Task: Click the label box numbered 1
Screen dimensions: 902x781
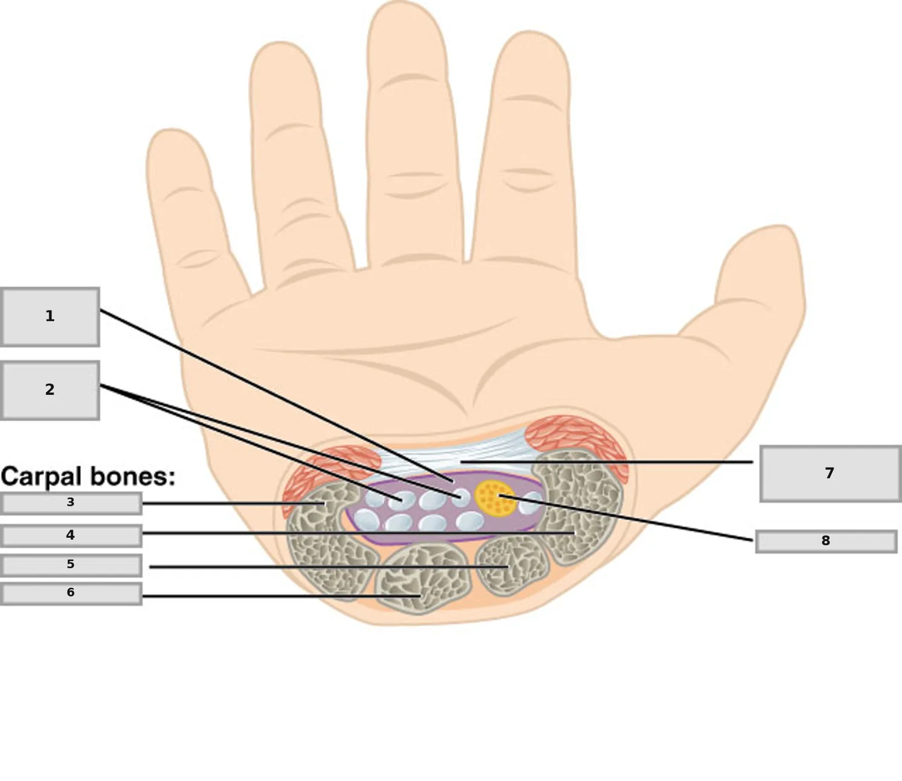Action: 50,316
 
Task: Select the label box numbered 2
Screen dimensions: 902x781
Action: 50,390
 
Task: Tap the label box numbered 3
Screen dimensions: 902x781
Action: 71,504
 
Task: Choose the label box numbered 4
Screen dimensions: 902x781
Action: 71,536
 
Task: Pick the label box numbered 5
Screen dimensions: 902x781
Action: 71,566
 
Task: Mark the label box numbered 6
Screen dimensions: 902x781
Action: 71,593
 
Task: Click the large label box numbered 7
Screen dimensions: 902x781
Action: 830,474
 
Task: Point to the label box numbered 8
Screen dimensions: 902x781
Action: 826,542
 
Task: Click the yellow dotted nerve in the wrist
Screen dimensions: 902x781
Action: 495,498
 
